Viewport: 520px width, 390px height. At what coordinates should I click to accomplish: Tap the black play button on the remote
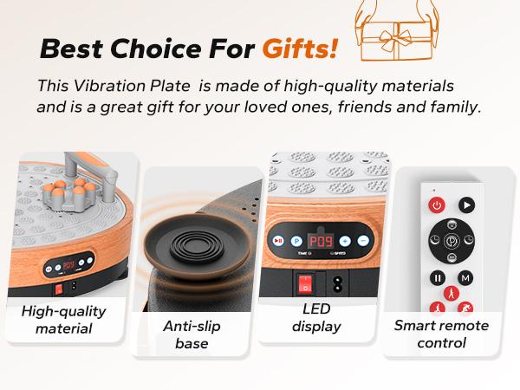(467, 205)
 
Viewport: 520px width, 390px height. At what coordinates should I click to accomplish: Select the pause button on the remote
(438, 278)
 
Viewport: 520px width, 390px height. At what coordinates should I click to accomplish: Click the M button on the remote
(466, 278)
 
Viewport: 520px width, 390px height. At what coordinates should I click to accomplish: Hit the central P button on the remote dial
(452, 243)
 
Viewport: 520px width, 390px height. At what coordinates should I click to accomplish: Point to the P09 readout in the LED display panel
(321, 241)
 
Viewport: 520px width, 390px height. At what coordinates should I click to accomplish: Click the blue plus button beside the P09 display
(345, 241)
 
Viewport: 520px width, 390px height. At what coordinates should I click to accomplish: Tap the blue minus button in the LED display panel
(363, 241)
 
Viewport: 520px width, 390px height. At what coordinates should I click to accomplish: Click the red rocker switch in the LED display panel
(305, 284)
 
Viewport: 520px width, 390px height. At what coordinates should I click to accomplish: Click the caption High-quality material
(63, 319)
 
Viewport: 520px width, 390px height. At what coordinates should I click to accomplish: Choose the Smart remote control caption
(441, 334)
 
